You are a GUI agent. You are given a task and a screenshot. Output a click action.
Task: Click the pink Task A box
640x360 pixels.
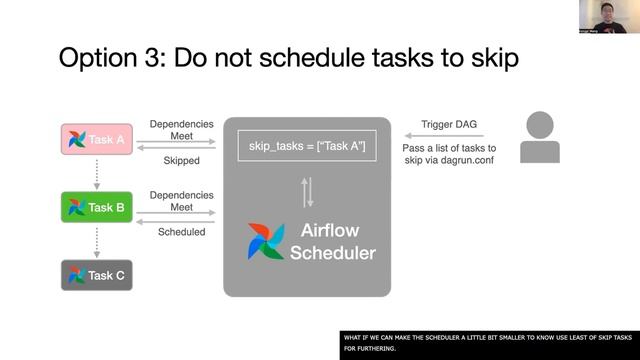(97, 140)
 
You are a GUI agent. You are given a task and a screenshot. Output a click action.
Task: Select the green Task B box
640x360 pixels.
(97, 207)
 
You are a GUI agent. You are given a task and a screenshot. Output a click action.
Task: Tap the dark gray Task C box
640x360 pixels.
(97, 275)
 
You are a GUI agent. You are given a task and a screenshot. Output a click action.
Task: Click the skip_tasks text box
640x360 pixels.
(307, 147)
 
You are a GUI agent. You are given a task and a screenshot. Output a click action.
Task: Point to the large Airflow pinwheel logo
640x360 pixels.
(266, 242)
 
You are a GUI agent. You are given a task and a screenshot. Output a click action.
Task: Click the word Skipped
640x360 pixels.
(180, 160)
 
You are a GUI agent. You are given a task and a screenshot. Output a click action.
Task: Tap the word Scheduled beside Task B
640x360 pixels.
(181, 231)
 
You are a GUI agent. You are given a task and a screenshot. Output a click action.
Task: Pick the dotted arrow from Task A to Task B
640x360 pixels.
(96, 173)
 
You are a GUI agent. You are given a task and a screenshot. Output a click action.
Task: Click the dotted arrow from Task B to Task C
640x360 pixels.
(96, 241)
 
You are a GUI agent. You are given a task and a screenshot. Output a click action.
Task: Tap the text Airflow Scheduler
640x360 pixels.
(332, 242)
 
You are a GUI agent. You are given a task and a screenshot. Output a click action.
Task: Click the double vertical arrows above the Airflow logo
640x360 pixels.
(307, 190)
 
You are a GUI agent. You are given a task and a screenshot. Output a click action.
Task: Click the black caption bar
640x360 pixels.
(489, 343)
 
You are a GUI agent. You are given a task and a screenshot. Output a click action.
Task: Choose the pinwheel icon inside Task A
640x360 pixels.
(76, 140)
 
